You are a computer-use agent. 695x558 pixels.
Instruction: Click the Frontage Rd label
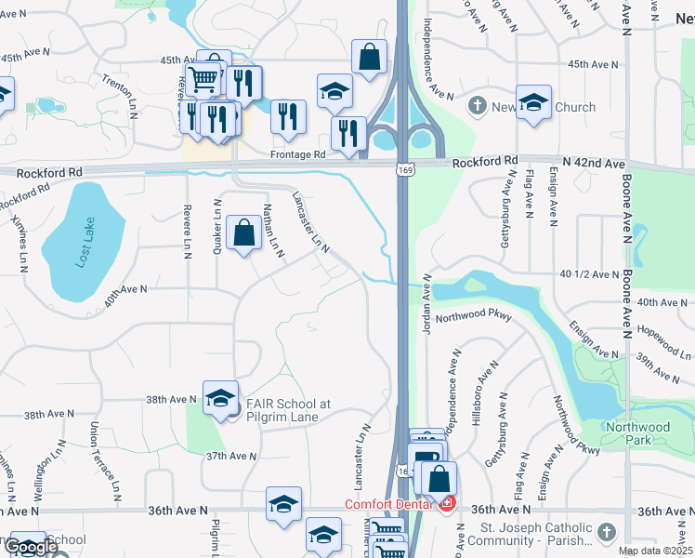[297, 154]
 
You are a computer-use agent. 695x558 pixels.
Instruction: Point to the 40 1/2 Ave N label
[589, 274]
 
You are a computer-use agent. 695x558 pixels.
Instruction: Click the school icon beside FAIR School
[220, 398]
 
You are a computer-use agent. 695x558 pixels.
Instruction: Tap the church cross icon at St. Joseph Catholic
[606, 532]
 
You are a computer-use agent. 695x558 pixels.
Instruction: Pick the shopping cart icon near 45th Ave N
[203, 79]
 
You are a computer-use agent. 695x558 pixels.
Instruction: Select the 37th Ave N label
[229, 456]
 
